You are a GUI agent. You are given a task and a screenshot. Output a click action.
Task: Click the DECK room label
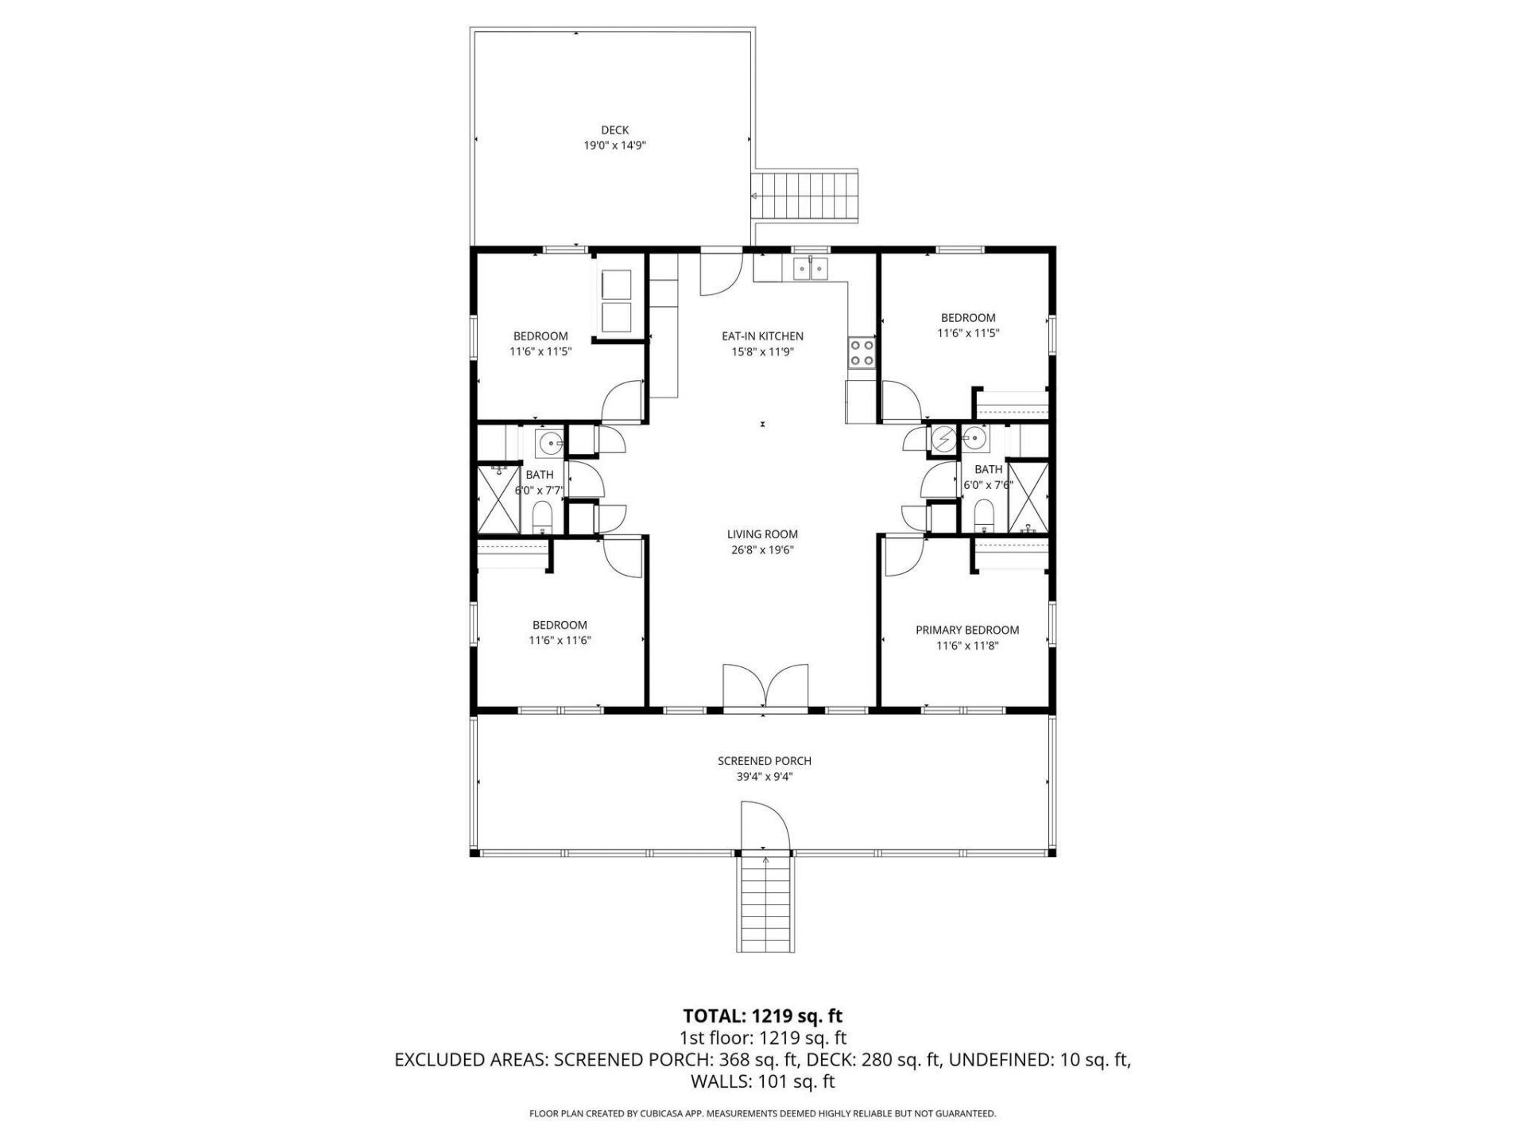point(614,130)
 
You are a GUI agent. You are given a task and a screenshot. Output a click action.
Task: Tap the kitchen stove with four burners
point(862,353)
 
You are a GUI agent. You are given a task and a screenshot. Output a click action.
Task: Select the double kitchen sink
point(811,270)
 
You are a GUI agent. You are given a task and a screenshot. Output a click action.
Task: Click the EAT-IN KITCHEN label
point(762,336)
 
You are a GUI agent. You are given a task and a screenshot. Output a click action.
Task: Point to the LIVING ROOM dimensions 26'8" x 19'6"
point(762,550)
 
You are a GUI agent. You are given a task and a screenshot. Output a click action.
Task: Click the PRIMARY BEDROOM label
point(966,630)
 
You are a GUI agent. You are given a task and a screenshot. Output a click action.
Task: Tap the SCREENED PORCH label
point(764,761)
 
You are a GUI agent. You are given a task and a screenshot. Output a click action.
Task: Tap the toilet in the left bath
point(543,518)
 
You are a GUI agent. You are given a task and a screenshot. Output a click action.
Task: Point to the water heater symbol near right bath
point(944,439)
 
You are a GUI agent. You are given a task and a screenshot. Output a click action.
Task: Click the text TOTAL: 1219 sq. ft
point(762,1015)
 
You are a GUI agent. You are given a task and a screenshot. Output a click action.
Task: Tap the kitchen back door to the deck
point(720,273)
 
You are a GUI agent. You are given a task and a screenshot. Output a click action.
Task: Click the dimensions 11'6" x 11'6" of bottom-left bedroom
point(560,640)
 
